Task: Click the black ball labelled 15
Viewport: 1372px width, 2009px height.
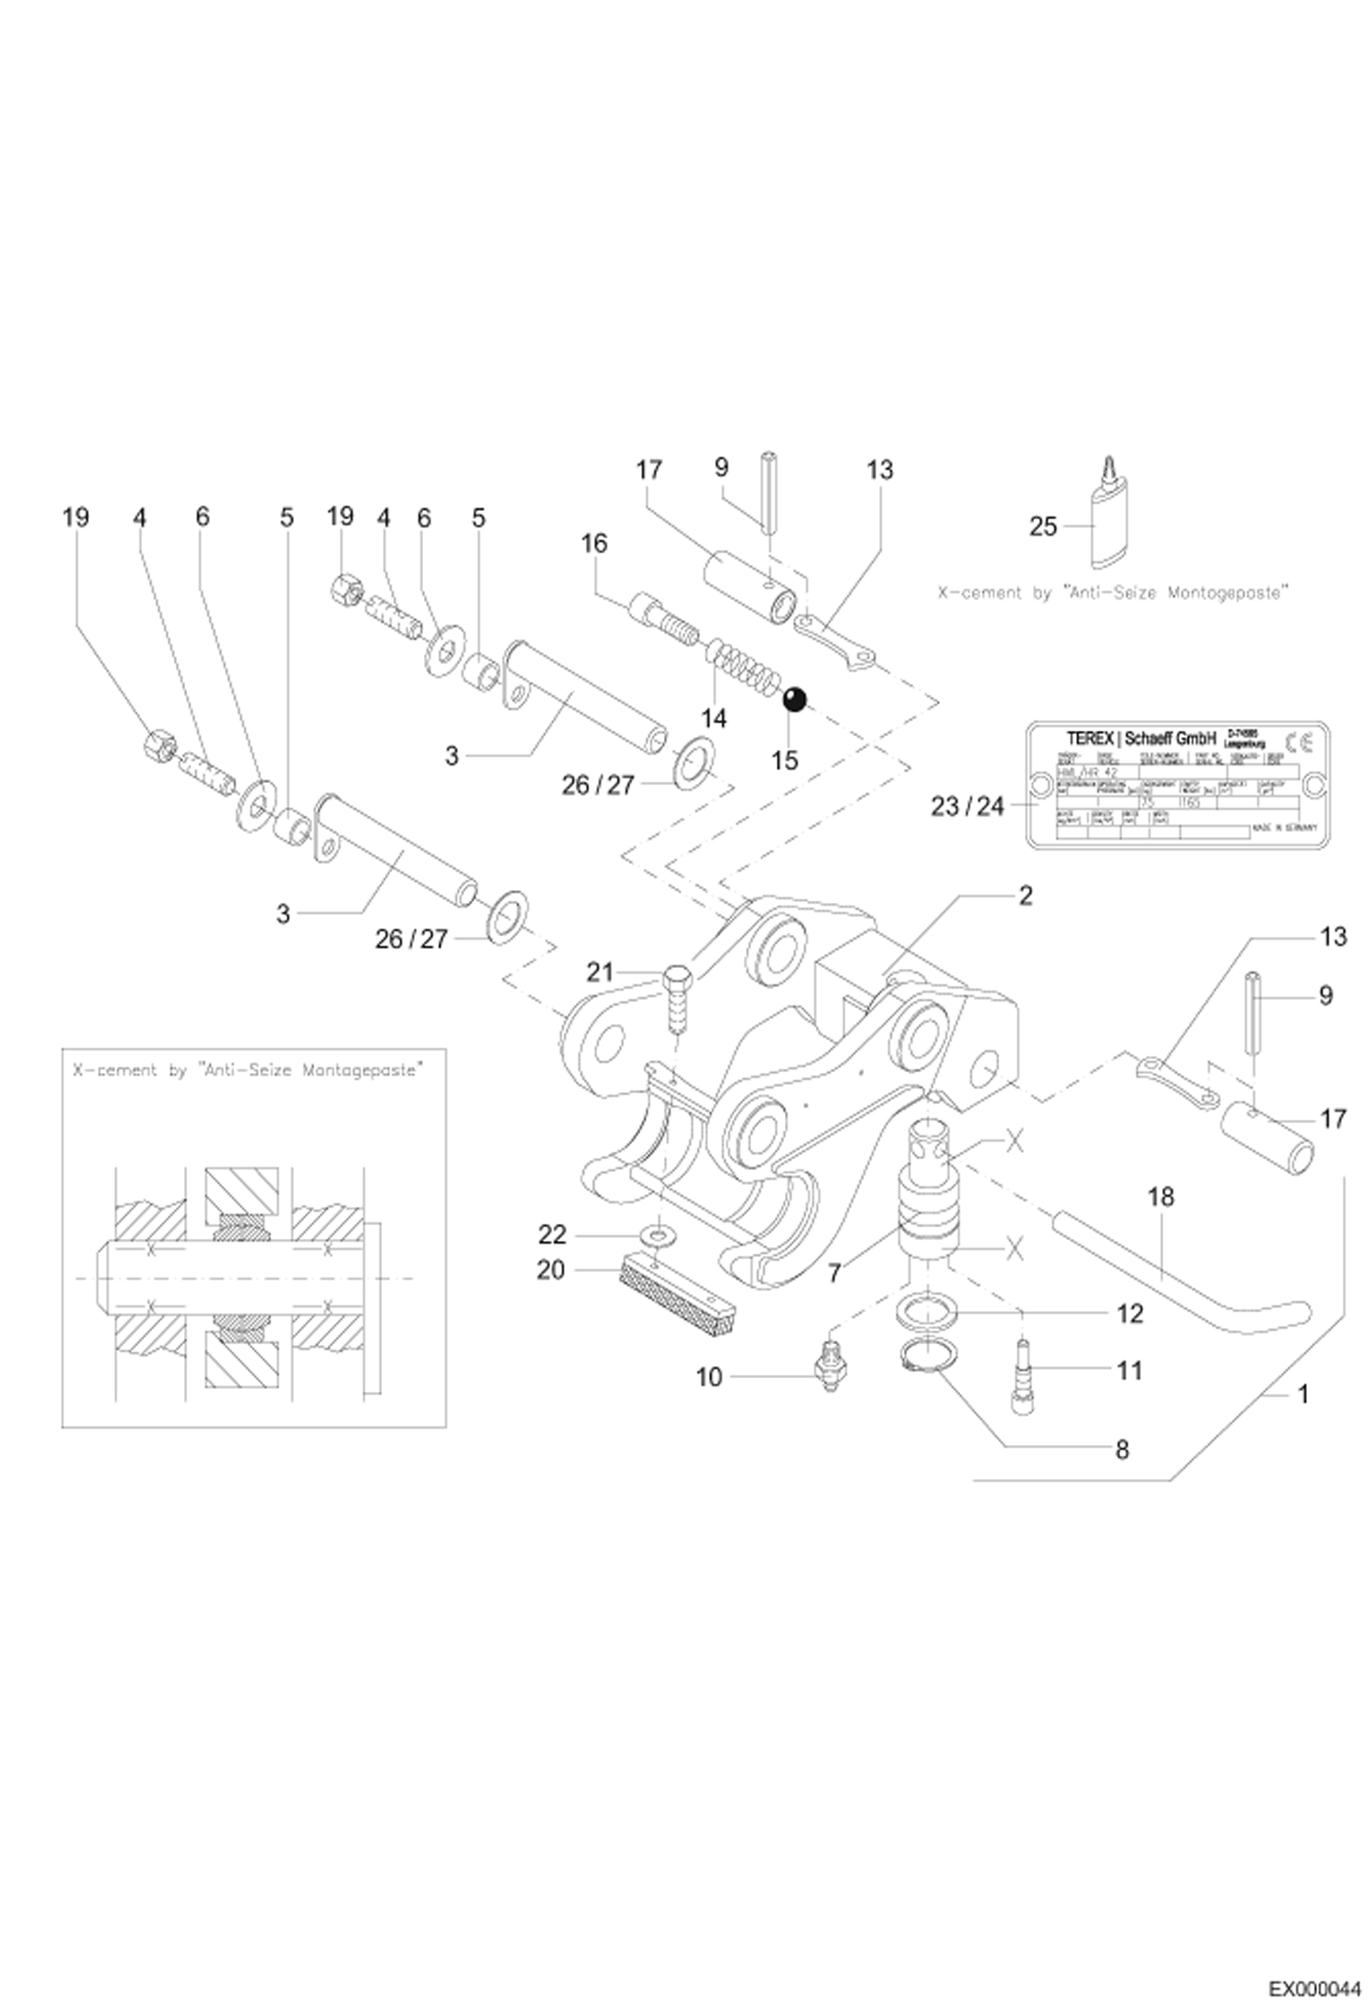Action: pyautogui.click(x=794, y=700)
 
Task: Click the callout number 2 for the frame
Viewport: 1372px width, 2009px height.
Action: pyautogui.click(x=1025, y=895)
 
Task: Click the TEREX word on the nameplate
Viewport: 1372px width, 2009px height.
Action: pyautogui.click(x=1091, y=738)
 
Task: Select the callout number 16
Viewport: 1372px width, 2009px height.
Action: pyautogui.click(x=594, y=543)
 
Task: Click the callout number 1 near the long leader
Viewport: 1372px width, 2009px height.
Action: pyautogui.click(x=1303, y=1394)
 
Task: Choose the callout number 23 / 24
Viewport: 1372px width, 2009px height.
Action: pyautogui.click(x=967, y=806)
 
